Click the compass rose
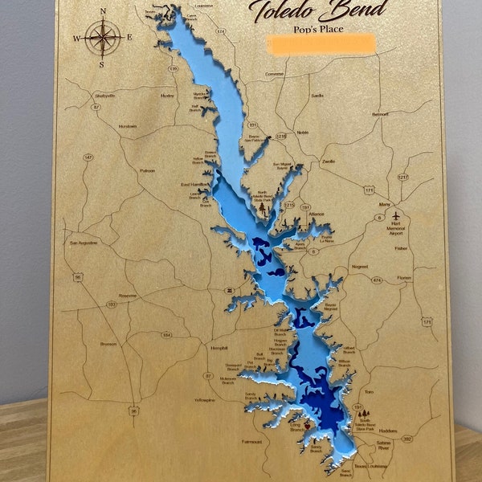[103, 37]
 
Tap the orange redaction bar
[321, 43]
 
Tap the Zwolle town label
[328, 161]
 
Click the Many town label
[372, 204]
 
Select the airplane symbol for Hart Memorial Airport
[396, 215]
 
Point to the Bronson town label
[108, 344]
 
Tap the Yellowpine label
[204, 398]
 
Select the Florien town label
[403, 278]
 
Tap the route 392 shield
[406, 439]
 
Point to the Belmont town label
[380, 114]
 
